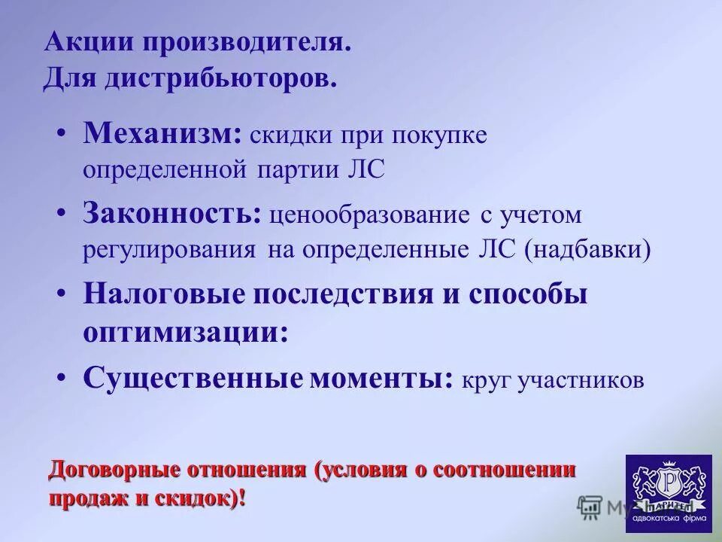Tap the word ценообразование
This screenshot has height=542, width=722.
(x=372, y=216)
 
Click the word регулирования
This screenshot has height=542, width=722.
(x=170, y=249)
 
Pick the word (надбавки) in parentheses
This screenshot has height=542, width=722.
(x=591, y=248)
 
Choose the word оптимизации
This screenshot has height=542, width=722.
(x=184, y=332)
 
